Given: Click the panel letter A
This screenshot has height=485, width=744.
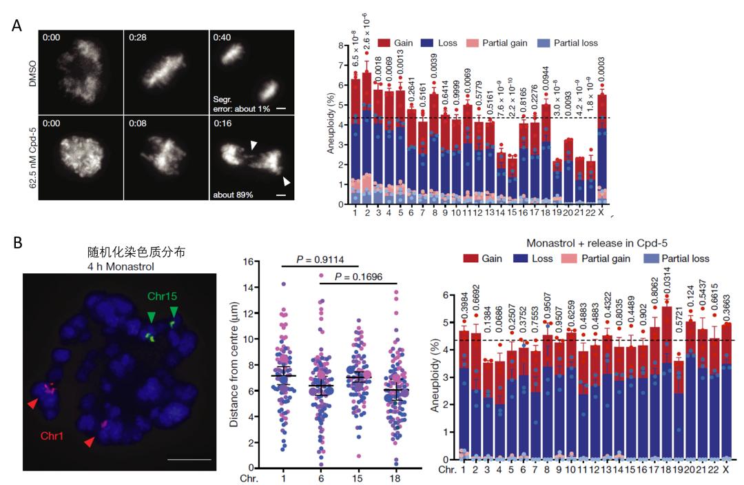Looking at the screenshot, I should point(17,26).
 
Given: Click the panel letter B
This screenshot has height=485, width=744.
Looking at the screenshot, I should point(17,243).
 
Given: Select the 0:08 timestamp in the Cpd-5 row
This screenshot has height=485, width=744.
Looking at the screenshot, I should point(138,125).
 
